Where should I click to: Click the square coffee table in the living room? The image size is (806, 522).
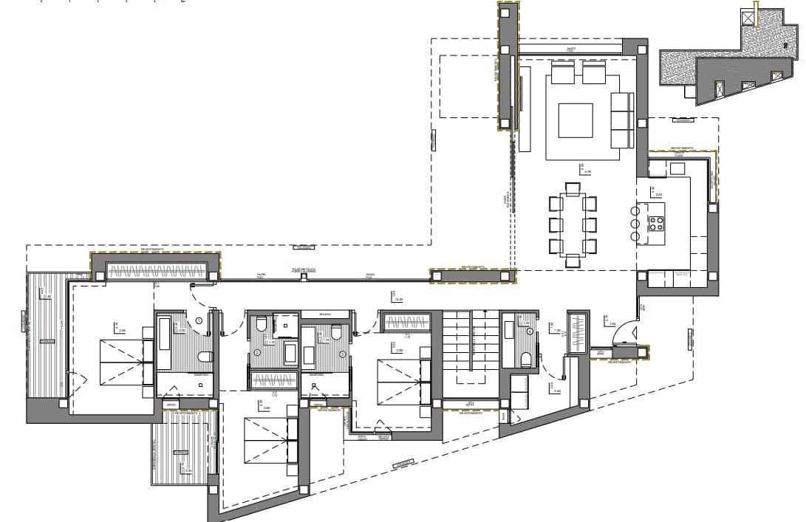point(576,120)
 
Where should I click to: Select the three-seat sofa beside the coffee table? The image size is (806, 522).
point(621,120)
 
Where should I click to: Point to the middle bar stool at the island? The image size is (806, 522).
point(635,224)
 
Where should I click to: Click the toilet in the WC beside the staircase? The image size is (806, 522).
point(526,360)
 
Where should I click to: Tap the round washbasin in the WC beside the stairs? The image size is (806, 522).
point(530,332)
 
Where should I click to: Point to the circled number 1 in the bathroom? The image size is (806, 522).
point(199,320)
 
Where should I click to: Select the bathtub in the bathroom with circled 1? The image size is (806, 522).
point(164,342)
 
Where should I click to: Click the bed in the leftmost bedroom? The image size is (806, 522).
point(120,363)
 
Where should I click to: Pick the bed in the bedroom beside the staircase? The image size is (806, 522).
point(401,381)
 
